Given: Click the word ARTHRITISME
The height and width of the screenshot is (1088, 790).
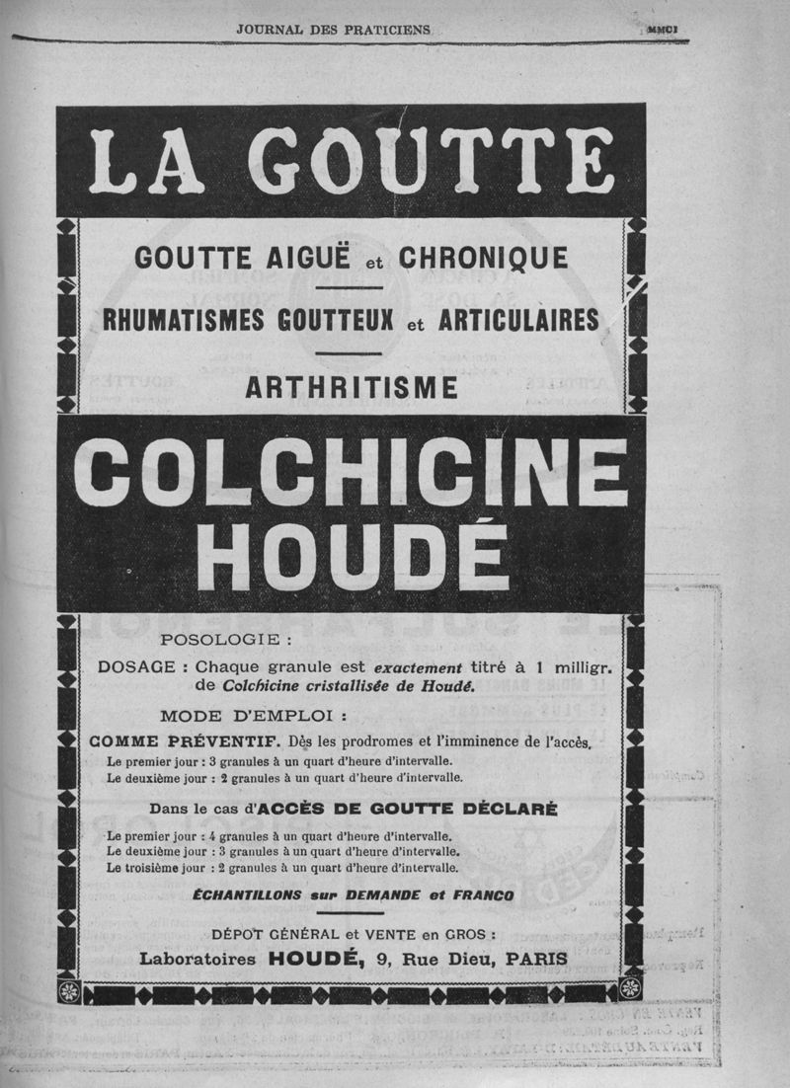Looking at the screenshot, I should coord(352,389).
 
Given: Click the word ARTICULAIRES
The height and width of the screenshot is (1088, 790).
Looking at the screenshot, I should coord(517,322).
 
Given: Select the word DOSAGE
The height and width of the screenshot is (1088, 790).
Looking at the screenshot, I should coord(137,667).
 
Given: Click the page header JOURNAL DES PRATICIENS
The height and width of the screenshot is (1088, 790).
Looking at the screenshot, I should coord(334,30).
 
